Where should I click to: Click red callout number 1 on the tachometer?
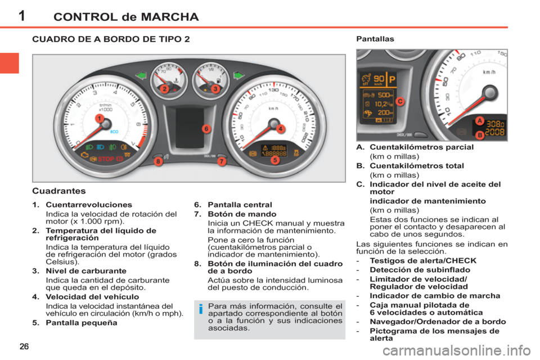click(x=98, y=119)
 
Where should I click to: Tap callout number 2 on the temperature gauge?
click(x=164, y=89)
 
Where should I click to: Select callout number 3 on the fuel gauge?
click(x=215, y=89)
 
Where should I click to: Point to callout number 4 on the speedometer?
click(x=280, y=128)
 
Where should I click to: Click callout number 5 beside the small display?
click(x=275, y=160)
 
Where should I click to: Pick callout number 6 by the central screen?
click(x=206, y=128)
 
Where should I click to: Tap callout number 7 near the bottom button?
click(x=221, y=162)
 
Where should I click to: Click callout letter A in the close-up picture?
click(x=479, y=121)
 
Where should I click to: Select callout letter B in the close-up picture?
click(x=480, y=135)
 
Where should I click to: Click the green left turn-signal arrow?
click(x=141, y=75)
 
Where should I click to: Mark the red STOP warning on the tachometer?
click(x=106, y=159)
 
